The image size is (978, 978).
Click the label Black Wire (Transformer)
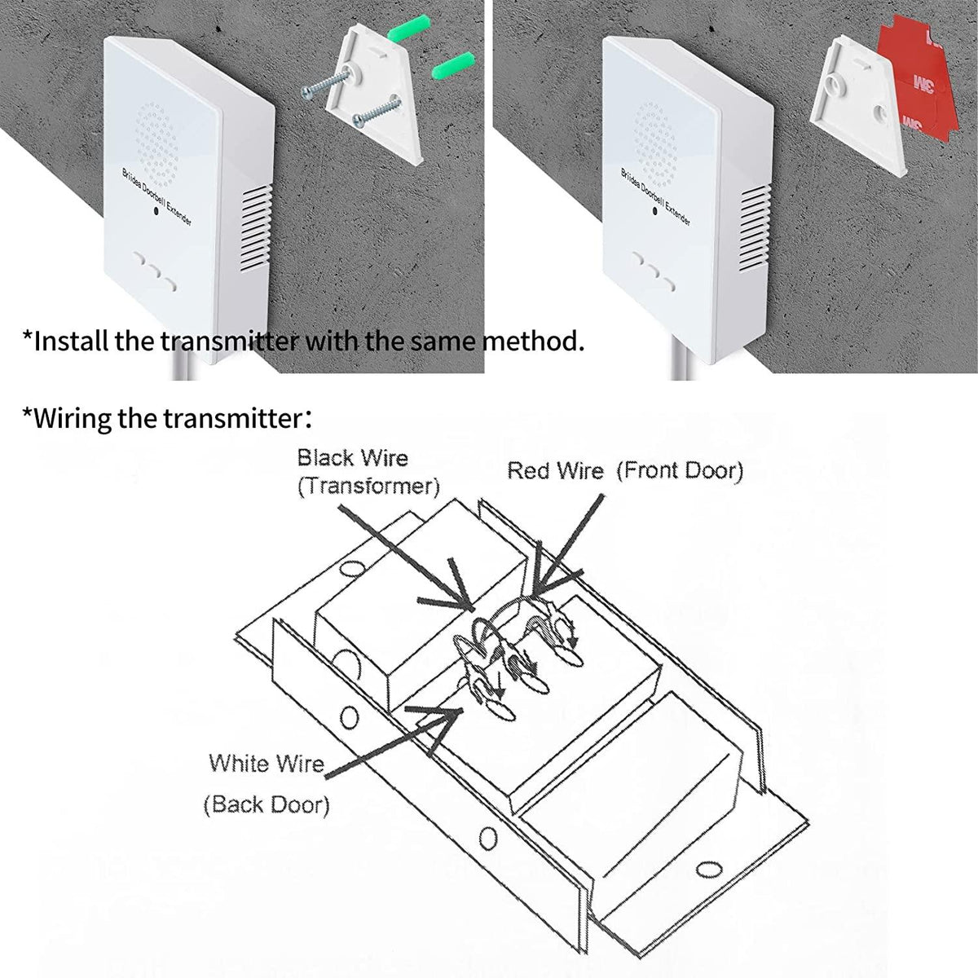(368, 472)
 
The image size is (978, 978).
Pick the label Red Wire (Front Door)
(625, 470)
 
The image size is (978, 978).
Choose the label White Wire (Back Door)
(267, 784)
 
